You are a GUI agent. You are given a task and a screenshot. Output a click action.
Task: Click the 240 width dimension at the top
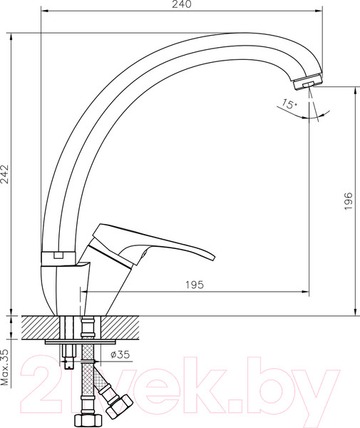[x=182, y=5]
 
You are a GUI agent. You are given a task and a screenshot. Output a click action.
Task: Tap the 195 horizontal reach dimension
[x=195, y=285]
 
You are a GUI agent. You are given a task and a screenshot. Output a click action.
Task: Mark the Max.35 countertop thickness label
[x=6, y=367]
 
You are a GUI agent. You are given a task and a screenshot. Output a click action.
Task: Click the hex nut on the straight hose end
[x=88, y=419]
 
